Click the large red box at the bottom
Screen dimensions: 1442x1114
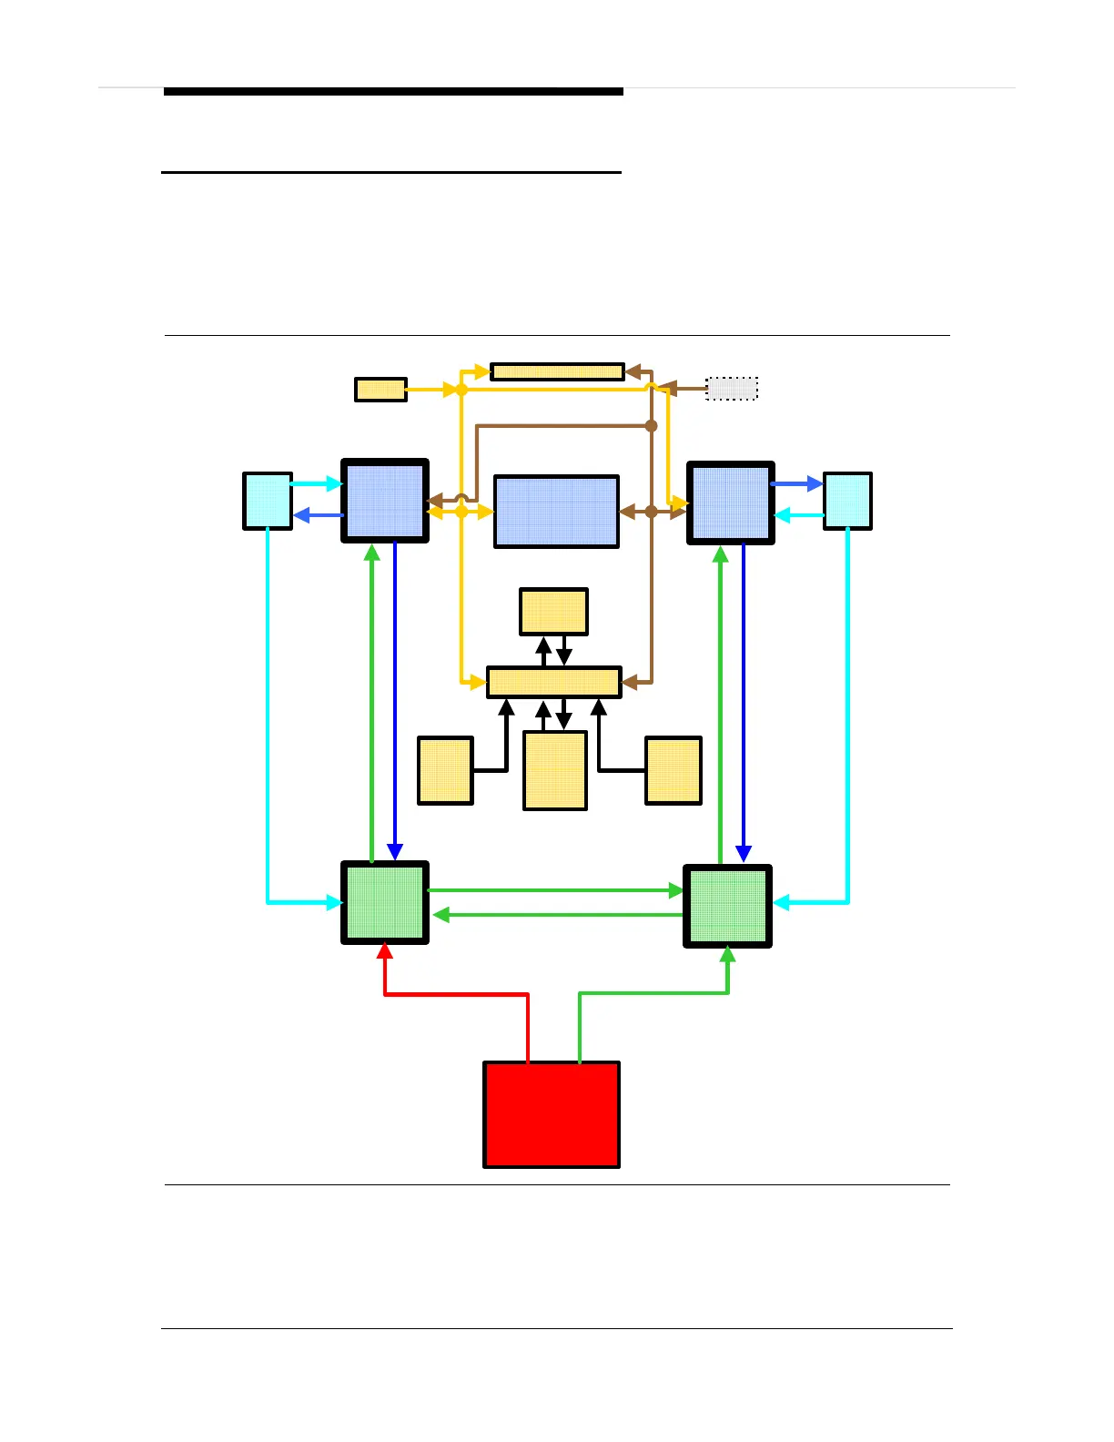(x=552, y=1114)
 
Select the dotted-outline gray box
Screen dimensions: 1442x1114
(x=732, y=389)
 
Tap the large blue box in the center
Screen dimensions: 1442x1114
(x=556, y=512)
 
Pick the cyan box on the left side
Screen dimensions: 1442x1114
(x=268, y=501)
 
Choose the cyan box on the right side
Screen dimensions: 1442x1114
(x=847, y=501)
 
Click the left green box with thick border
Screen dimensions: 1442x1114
(x=385, y=902)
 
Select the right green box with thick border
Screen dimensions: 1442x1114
(x=727, y=906)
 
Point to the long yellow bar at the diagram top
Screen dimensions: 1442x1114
(x=557, y=371)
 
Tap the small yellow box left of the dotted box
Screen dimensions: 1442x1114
(x=380, y=390)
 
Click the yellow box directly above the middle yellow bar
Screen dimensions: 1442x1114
(x=553, y=612)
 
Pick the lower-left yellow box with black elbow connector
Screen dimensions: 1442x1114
(x=445, y=771)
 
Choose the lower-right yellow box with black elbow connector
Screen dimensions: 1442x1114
(x=673, y=771)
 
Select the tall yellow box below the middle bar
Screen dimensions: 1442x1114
(x=555, y=771)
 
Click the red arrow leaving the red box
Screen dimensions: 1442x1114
(x=455, y=994)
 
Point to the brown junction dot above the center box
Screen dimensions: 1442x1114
(x=651, y=425)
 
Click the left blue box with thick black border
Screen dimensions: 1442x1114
(x=385, y=501)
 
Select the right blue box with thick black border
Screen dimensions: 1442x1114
(x=731, y=503)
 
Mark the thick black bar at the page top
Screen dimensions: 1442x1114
(x=393, y=92)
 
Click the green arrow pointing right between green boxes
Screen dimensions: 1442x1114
(x=555, y=890)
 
